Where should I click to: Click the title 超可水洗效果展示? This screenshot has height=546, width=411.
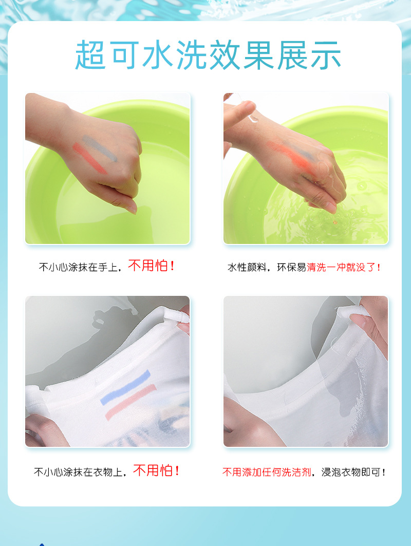[208, 55]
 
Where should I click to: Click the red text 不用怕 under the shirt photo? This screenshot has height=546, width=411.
[156, 470]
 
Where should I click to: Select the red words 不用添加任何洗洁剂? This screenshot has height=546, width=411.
[267, 472]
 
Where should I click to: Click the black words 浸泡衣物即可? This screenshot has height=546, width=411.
[353, 472]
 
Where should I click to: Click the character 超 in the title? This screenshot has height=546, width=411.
[90, 55]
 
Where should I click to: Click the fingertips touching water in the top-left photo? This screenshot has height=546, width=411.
[128, 205]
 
